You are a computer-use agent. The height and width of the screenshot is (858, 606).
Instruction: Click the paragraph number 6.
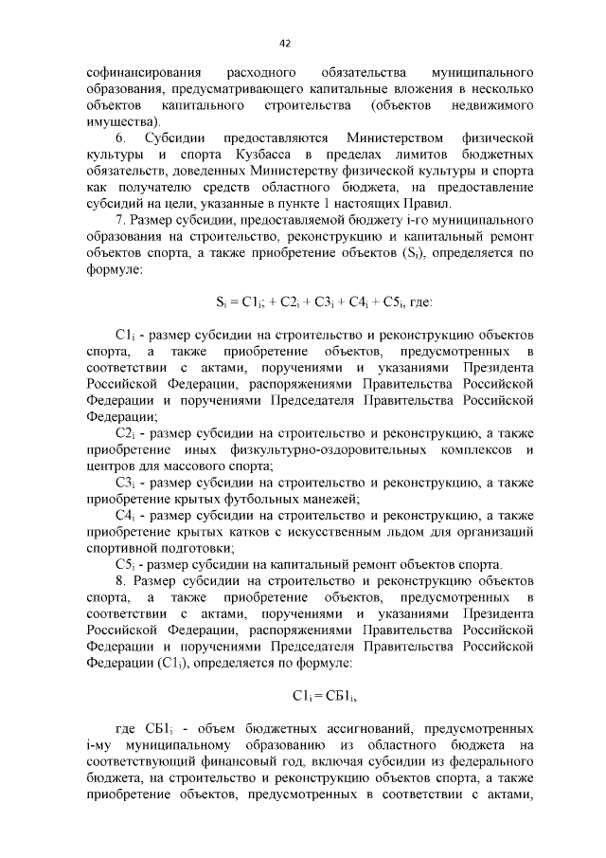120,137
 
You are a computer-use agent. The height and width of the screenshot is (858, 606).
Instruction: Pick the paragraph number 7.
119,220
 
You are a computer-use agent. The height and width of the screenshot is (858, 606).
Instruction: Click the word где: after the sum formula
418,302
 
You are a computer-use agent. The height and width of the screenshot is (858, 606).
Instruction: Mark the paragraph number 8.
120,580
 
